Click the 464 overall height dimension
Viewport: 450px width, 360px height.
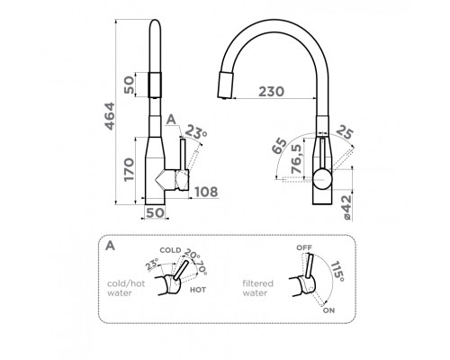[x=110, y=116]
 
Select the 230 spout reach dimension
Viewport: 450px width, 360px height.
[x=271, y=92]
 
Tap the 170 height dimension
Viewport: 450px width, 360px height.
[x=130, y=169]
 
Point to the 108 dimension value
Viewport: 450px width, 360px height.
[x=206, y=192]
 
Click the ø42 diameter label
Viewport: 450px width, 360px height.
[x=346, y=208]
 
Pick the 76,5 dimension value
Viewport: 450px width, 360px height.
[x=297, y=158]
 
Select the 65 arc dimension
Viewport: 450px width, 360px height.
[x=279, y=146]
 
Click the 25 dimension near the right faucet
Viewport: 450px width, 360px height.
[x=345, y=132]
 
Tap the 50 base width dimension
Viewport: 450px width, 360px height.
[x=156, y=212]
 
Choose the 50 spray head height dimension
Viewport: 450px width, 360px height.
[x=130, y=85]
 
